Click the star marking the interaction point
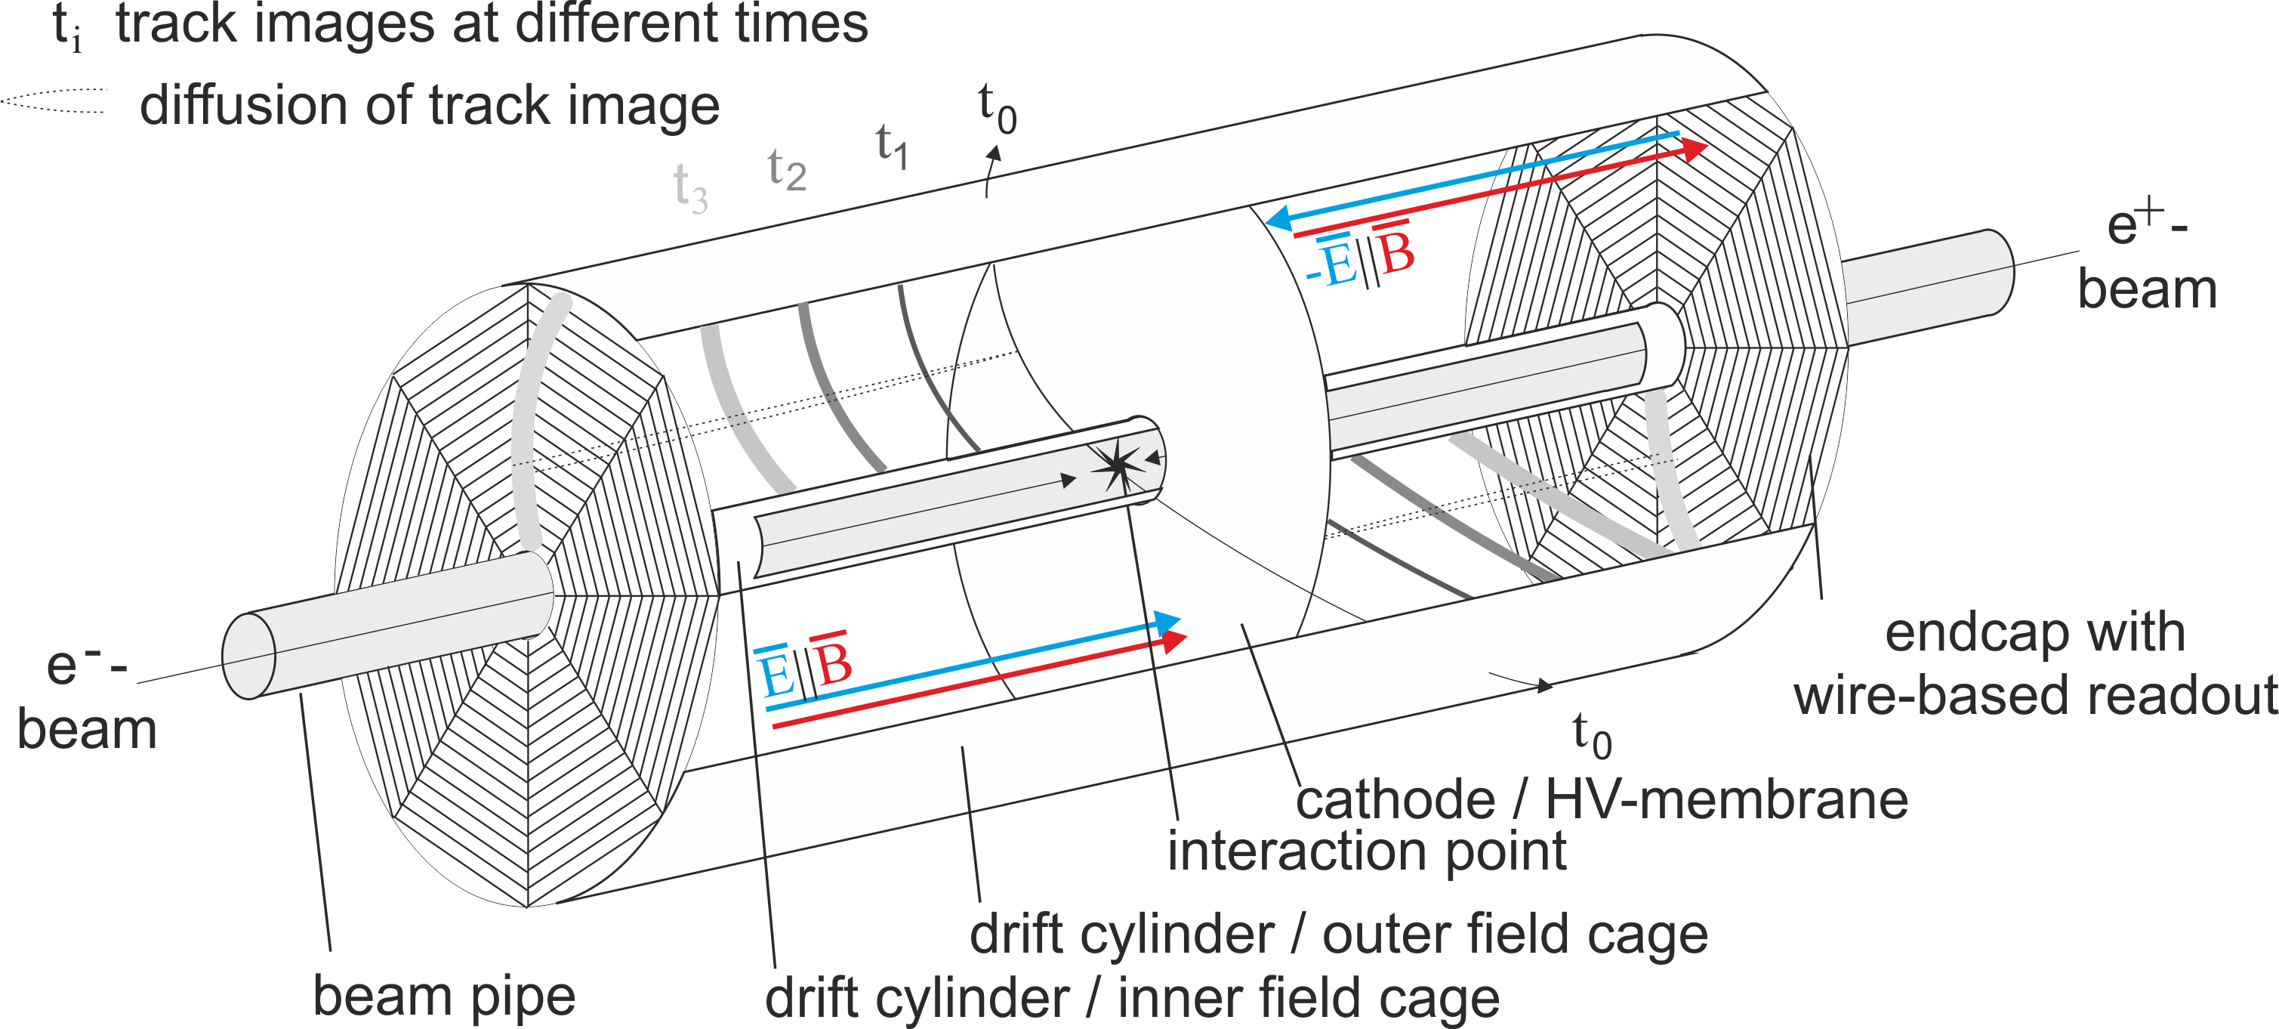(1118, 465)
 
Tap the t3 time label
(690, 188)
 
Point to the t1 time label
(892, 147)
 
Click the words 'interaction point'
(1367, 851)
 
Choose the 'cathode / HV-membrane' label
(1602, 800)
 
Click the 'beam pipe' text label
(444, 997)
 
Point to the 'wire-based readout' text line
(2035, 695)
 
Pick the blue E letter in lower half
(775, 675)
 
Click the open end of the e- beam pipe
(248, 656)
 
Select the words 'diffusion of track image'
(429, 107)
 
